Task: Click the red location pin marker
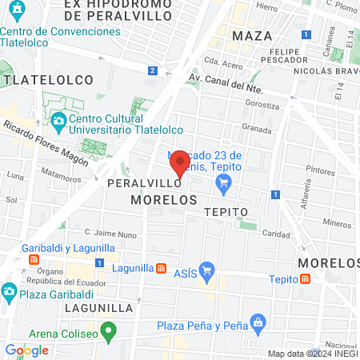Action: tap(180, 164)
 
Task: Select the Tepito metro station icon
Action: tap(306, 278)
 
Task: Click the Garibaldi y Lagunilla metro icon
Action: tap(34, 259)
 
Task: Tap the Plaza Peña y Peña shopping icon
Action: tap(258, 322)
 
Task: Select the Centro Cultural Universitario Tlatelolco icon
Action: tap(58, 122)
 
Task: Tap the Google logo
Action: tap(27, 350)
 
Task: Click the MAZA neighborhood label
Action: tap(252, 36)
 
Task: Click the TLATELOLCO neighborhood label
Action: tap(48, 80)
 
